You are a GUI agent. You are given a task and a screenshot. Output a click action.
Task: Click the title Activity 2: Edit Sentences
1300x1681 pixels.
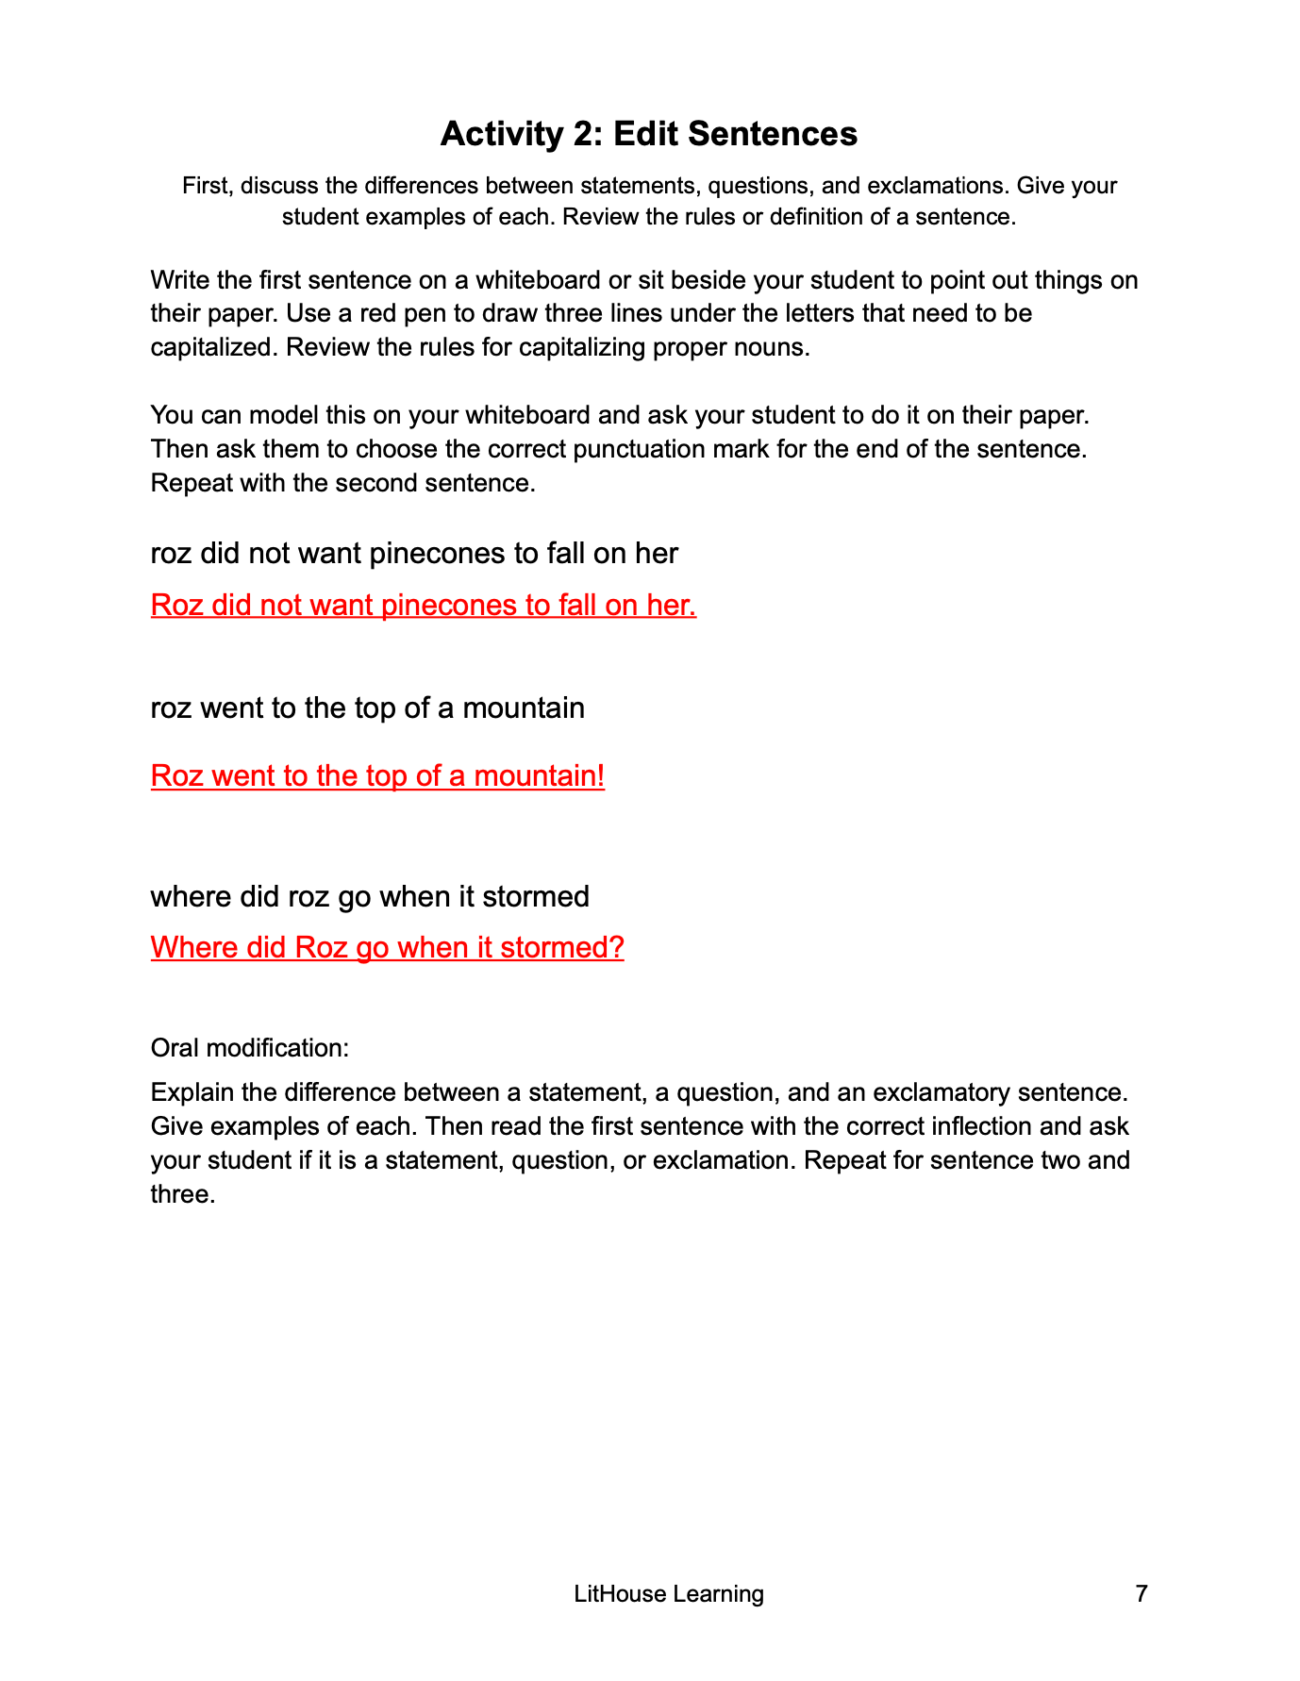pyautogui.click(x=649, y=134)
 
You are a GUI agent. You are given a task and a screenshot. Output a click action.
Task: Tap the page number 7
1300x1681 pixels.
pyautogui.click(x=1142, y=1593)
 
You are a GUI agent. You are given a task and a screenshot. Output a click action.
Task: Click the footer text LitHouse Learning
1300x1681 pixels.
pyautogui.click(x=669, y=1593)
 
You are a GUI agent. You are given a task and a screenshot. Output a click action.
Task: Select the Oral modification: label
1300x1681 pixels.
pyautogui.click(x=250, y=1047)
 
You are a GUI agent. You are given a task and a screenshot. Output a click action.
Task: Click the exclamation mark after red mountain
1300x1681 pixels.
pyautogui.click(x=600, y=775)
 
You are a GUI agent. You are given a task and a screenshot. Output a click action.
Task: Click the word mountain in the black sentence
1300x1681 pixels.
pyautogui.click(x=524, y=707)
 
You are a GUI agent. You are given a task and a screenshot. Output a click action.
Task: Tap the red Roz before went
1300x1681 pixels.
pyautogui.click(x=176, y=775)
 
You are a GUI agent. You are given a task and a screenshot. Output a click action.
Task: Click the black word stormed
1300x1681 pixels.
pyautogui.click(x=536, y=895)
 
